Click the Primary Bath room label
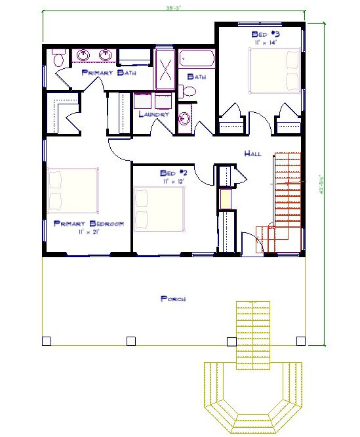[x=109, y=73]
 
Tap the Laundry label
[x=154, y=114]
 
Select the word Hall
[x=252, y=154]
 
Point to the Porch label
[x=173, y=299]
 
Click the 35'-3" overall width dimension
[x=173, y=9]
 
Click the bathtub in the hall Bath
[x=196, y=60]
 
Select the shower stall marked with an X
[x=165, y=68]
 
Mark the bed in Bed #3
[x=273, y=71]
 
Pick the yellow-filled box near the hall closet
[x=226, y=198]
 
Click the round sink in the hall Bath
[x=185, y=119]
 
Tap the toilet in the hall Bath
[x=188, y=93]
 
